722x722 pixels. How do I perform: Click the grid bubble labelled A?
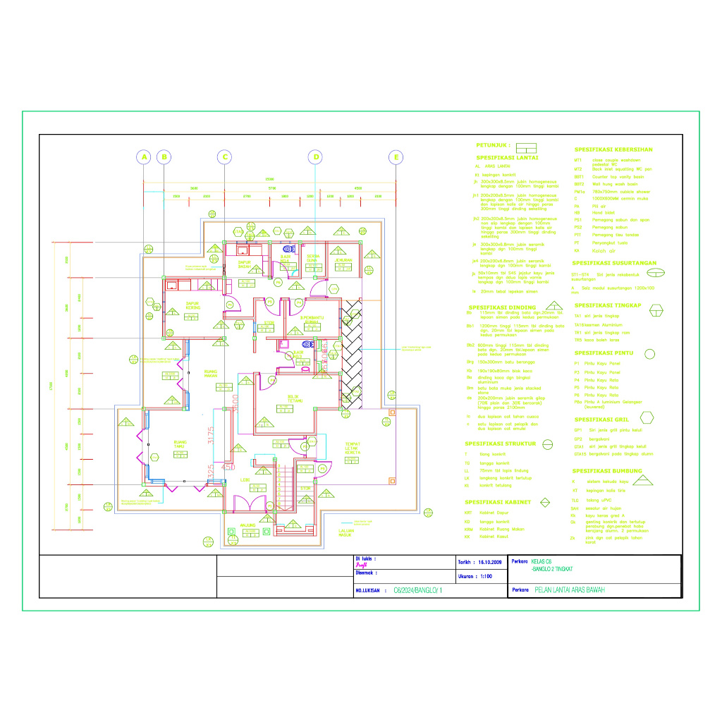(x=143, y=157)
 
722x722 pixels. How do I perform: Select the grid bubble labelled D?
(x=317, y=157)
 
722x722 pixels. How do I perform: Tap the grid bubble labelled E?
(x=396, y=157)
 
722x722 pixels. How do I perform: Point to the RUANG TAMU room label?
(x=180, y=444)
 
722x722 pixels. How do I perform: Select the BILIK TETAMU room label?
(x=295, y=398)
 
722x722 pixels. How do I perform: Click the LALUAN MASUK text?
(x=345, y=532)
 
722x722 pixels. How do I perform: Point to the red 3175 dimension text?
(x=210, y=435)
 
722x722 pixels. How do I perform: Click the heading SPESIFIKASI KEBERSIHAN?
(x=613, y=149)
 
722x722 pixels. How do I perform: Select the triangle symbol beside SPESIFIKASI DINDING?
(x=555, y=306)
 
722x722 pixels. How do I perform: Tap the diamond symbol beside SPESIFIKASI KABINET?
(x=545, y=502)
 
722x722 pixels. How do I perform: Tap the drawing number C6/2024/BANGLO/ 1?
(x=418, y=590)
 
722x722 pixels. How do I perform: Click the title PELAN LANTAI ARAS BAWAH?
(x=570, y=590)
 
